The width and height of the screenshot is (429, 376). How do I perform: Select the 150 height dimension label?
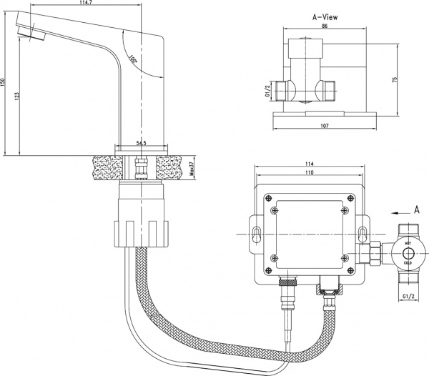pyautogui.click(x=4, y=83)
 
